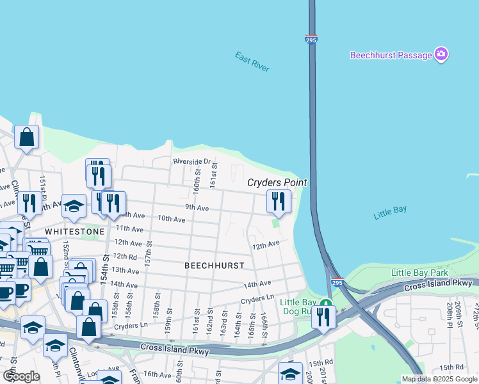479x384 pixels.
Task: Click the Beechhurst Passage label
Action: pos(391,55)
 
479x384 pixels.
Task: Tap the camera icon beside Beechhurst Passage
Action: pos(441,55)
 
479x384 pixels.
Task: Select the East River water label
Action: pos(252,62)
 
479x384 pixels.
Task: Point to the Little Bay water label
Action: pos(390,214)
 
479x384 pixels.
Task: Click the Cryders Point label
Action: pos(277,182)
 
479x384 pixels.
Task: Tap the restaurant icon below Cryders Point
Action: pos(279,201)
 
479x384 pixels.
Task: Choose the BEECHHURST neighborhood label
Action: pos(215,264)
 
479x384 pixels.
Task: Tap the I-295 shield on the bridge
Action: pos(311,40)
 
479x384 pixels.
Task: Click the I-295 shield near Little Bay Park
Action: pos(337,281)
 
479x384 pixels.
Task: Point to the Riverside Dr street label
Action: pos(191,161)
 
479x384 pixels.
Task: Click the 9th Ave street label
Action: pos(197,207)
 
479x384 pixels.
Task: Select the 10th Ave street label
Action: pos(172,219)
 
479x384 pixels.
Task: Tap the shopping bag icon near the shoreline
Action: pos(26,136)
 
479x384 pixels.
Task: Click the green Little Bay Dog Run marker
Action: pos(326,303)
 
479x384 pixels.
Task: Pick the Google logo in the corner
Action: pos(21,376)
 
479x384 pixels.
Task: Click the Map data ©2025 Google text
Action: pos(439,379)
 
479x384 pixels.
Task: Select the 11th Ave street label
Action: pos(129,228)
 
